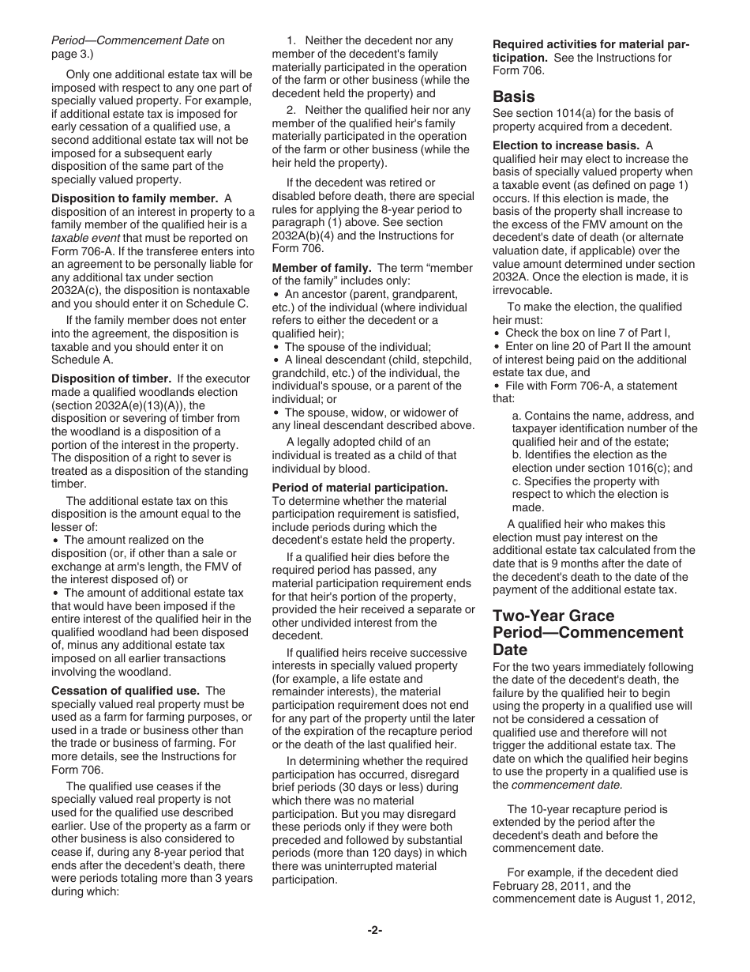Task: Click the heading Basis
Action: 513,96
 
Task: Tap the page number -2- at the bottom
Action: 374,930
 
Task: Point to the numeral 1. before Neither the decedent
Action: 291,40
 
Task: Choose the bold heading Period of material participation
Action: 359,488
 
